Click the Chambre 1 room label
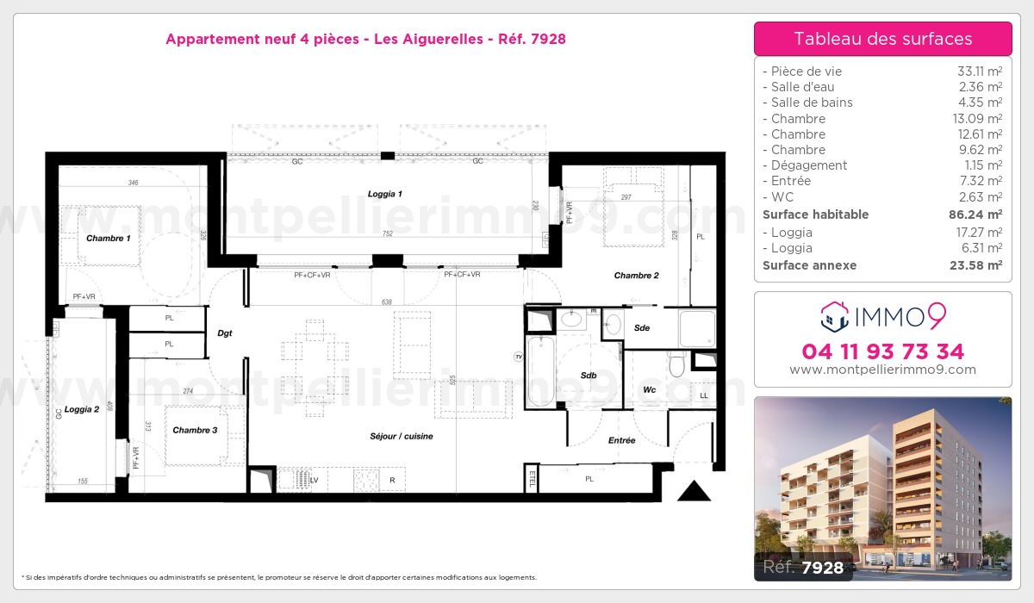coord(108,238)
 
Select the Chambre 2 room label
coord(636,276)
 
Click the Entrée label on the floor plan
coord(621,440)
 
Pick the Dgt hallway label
coord(225,333)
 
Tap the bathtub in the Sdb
coord(541,370)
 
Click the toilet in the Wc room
coord(676,367)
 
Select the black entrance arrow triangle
coord(694,492)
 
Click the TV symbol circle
coord(518,356)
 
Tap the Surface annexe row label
coord(809,265)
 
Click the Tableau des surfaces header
coord(882,39)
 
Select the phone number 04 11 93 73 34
coord(882,351)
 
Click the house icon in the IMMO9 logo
coord(834,316)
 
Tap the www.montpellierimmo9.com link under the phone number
coord(882,370)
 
